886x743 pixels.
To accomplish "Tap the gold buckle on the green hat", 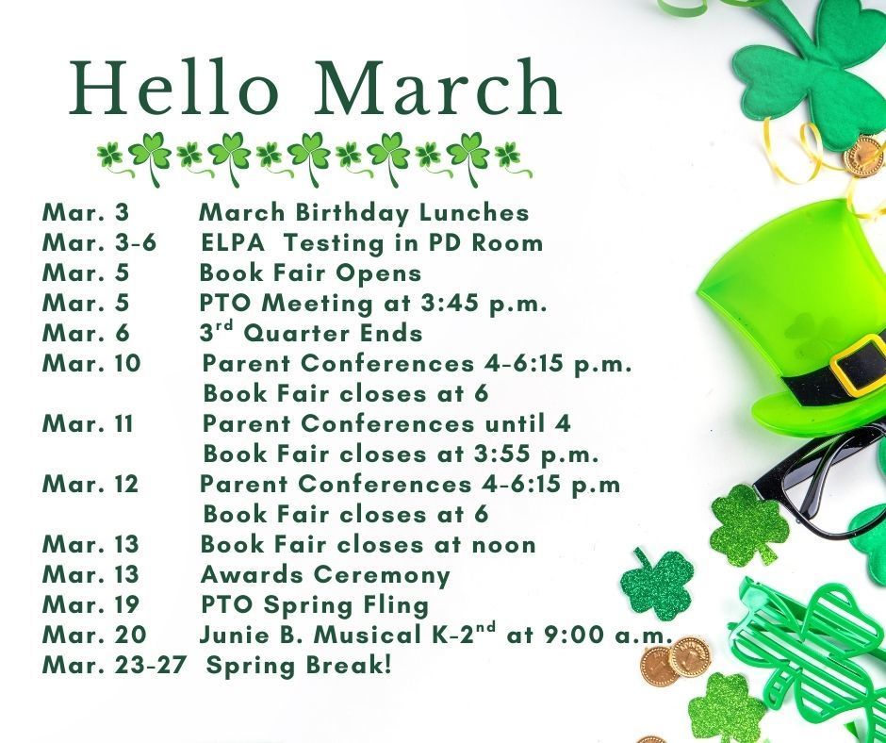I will (859, 366).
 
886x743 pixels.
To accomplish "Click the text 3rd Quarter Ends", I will (311, 333).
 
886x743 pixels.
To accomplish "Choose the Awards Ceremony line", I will (325, 574).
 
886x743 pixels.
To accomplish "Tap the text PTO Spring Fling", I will (315, 604).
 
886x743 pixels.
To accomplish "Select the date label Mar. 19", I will (90, 604).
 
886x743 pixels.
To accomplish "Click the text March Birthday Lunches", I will (364, 212).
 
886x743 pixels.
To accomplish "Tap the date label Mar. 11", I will (88, 423).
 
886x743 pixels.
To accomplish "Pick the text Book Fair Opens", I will (310, 272).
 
